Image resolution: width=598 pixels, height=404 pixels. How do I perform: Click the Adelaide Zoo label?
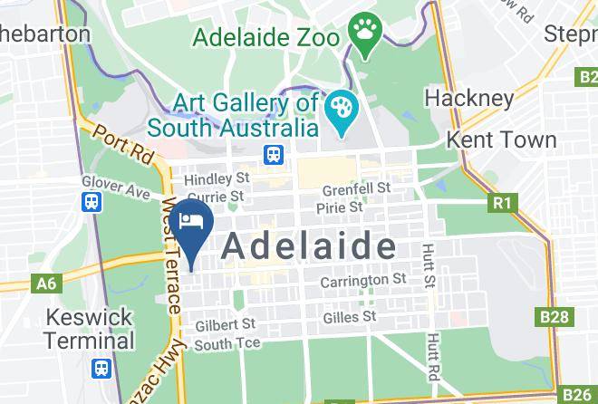(265, 39)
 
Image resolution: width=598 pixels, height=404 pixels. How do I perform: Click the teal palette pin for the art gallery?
(342, 114)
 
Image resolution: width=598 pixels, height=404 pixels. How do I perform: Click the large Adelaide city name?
(308, 245)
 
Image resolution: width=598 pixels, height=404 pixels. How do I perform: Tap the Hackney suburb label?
(468, 97)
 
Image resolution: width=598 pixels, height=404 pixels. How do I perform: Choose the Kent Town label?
(502, 139)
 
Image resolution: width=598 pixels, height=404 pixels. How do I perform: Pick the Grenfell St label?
(356, 189)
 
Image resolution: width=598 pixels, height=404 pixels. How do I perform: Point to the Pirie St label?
(339, 207)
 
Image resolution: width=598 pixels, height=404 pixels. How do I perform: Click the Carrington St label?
(362, 281)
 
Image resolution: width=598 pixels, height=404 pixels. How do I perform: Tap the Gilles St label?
(349, 317)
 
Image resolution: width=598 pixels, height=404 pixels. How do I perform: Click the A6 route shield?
(46, 284)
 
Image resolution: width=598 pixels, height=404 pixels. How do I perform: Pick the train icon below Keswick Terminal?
(101, 369)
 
